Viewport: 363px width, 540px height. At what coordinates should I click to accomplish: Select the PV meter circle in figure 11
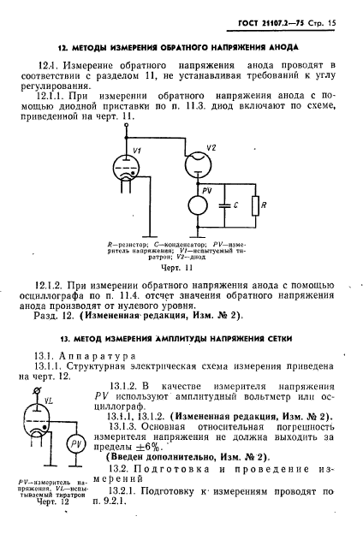[x=198, y=205]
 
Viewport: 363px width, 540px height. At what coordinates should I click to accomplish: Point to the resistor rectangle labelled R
[x=255, y=205]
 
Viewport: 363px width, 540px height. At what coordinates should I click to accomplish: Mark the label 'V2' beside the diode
[x=212, y=146]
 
